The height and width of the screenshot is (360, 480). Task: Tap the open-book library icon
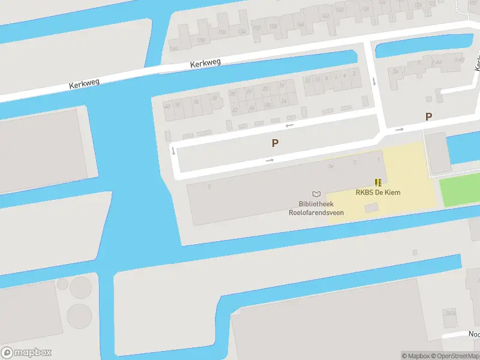pos(316,194)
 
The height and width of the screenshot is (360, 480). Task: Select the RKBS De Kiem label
pos(378,193)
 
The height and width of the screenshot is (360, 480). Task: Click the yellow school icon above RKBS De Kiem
pos(378,182)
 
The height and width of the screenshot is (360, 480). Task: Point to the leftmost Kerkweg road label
pos(84,84)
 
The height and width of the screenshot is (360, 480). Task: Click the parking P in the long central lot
pos(275,143)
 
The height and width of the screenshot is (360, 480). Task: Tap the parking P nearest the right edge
pos(428,117)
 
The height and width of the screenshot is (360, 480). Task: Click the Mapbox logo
pos(26,353)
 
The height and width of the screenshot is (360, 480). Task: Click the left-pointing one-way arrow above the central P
pos(290,125)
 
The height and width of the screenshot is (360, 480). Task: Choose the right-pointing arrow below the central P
pos(269,160)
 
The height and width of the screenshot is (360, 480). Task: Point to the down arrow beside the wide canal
pos(173,150)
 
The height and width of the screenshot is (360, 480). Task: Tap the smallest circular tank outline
pos(62,284)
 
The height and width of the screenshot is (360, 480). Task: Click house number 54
pos(284,101)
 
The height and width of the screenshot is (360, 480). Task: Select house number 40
pos(167,106)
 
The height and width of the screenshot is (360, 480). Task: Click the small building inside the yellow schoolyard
pos(372,208)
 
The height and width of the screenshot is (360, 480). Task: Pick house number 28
pos(233,94)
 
